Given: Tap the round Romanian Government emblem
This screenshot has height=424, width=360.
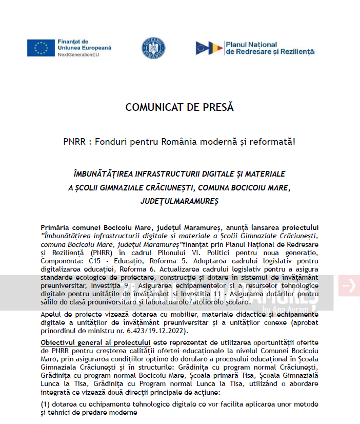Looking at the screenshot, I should coord(153,48).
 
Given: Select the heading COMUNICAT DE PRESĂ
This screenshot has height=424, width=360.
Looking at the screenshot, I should coord(179,108).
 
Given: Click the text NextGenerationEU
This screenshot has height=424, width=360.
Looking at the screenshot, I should coord(78,53).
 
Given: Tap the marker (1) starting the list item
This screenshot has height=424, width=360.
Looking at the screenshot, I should coord(46,404).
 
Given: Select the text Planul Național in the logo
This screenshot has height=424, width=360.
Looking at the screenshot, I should coord(251,45).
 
